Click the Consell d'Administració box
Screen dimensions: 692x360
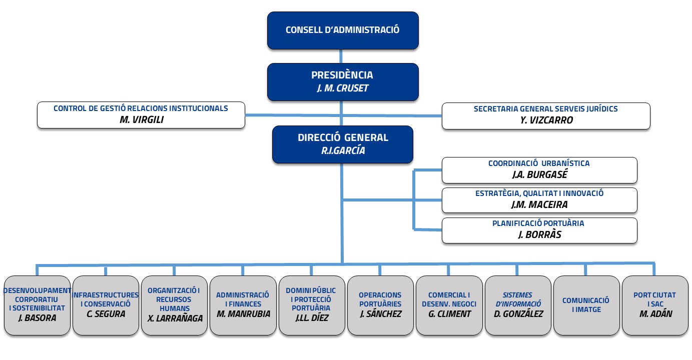343,30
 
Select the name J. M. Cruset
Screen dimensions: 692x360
343,88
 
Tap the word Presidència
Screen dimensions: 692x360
342,75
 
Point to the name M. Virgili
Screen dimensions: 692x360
142,119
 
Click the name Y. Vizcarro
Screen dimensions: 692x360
546,120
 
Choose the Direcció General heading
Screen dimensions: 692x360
343,137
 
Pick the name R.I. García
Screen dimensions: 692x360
343,150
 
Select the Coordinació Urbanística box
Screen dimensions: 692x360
539,170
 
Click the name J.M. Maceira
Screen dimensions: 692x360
539,204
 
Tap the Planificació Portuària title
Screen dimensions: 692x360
538,223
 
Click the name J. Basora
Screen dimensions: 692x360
38,317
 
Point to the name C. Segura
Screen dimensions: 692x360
106,314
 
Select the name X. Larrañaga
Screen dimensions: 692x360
175,318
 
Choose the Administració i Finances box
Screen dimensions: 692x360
243,305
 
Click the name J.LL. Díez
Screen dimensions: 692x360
312,317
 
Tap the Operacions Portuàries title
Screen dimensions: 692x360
380,299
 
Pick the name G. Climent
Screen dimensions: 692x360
449,314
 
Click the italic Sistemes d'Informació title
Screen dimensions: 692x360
518,299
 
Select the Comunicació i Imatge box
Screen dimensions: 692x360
586,305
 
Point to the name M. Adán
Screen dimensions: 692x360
655,314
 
